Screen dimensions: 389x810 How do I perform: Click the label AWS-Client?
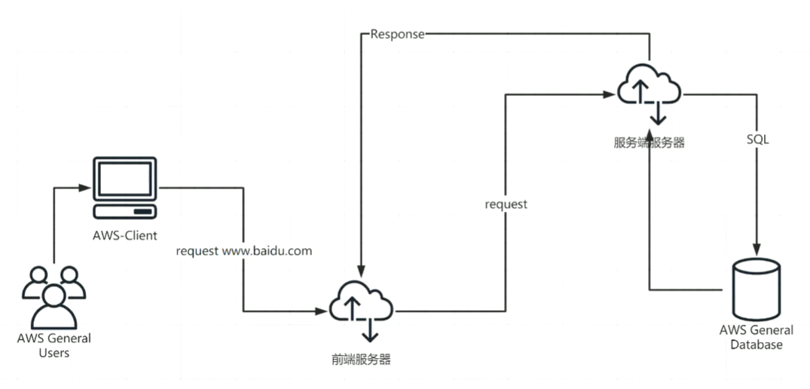click(125, 235)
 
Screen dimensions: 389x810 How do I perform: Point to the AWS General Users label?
click(54, 345)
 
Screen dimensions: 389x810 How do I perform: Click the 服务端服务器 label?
click(650, 142)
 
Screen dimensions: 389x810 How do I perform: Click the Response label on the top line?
click(397, 35)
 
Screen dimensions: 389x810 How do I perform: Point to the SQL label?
click(757, 140)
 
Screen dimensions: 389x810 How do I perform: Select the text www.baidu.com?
click(267, 251)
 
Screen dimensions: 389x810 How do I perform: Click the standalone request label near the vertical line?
click(506, 204)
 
